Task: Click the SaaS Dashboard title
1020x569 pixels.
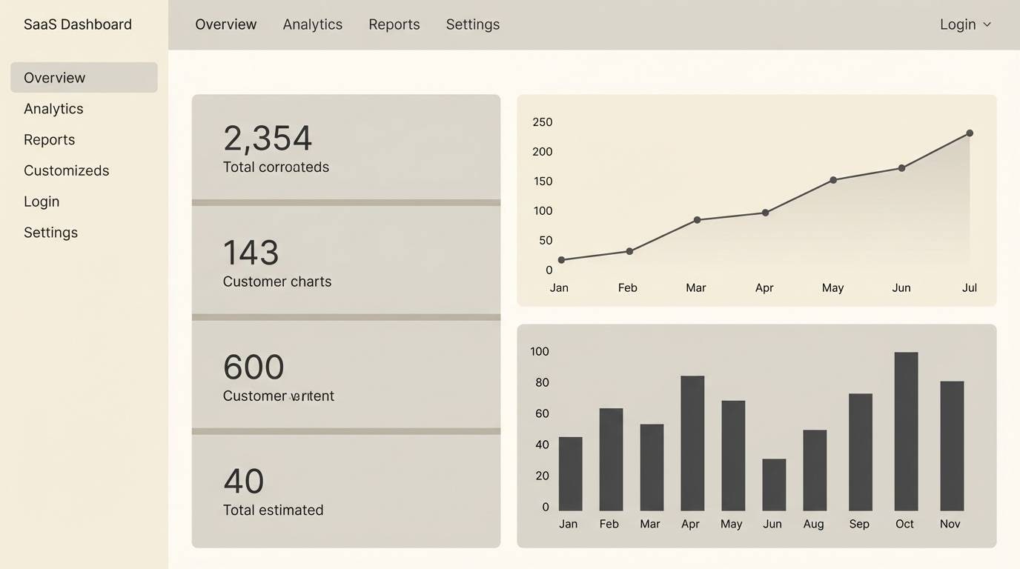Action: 77,24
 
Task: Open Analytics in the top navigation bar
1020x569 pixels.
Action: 312,24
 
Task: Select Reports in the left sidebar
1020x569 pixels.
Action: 49,139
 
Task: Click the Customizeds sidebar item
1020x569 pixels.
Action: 66,170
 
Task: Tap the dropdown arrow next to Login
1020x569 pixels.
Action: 987,24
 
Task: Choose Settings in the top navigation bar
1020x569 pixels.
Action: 472,24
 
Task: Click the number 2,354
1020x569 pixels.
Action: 268,139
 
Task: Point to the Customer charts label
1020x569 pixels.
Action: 276,282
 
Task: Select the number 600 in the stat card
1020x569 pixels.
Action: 254,367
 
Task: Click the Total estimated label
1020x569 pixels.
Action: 273,510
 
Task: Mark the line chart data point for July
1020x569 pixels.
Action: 969,133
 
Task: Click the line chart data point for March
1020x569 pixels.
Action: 697,220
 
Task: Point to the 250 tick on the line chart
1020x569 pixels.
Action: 542,122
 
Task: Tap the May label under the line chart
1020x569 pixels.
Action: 832,287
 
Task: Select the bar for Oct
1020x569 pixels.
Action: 906,431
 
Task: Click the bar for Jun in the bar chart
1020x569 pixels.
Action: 774,485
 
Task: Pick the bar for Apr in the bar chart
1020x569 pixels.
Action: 692,443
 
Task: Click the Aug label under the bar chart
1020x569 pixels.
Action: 813,524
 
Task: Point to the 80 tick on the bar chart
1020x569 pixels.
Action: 542,382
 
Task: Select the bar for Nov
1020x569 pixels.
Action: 952,446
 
